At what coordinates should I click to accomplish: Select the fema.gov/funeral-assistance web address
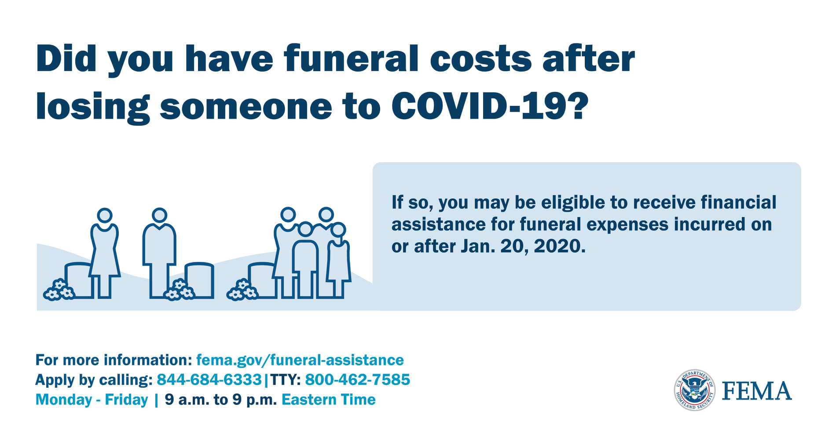point(300,360)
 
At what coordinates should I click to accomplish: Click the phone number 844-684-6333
point(209,379)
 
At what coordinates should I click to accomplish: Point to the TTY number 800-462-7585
point(357,379)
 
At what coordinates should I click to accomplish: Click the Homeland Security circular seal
point(695,390)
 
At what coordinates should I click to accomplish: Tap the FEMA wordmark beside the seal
point(757,391)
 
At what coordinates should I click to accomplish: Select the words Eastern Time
point(328,400)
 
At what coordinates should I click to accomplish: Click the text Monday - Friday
point(92,400)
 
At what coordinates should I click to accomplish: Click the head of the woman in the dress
point(105,216)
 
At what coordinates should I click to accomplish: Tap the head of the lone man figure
point(159,215)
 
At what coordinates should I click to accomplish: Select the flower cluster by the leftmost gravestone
point(59,290)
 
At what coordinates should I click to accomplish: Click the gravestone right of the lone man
point(199,280)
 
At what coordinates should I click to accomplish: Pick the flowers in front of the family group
point(242,290)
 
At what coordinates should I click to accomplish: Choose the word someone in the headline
point(246,106)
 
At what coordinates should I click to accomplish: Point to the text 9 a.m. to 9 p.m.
point(221,400)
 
